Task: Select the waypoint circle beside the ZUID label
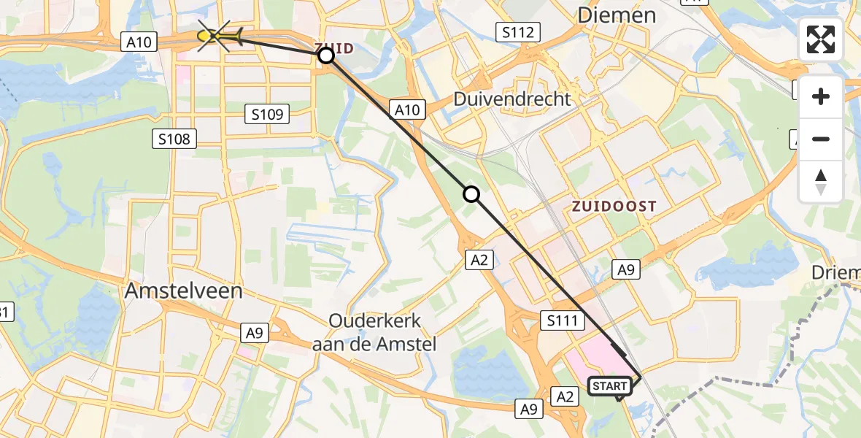(326, 55)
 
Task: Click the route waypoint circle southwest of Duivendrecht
(471, 193)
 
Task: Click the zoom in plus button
(821, 96)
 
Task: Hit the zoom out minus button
(821, 139)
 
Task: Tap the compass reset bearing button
(821, 181)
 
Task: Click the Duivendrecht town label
(511, 99)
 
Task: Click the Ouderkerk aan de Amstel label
(374, 332)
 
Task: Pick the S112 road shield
(519, 32)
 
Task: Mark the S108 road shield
(175, 139)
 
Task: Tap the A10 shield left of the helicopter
(139, 42)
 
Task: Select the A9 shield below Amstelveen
(254, 333)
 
